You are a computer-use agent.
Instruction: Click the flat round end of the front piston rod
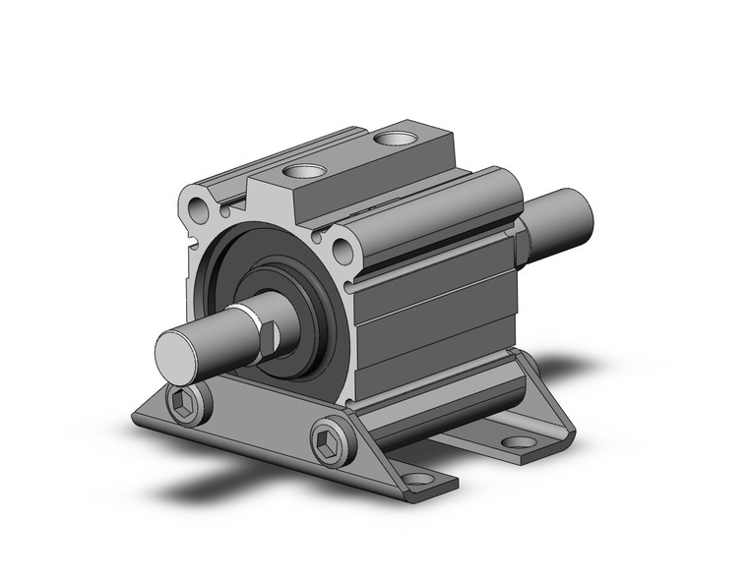click(x=179, y=351)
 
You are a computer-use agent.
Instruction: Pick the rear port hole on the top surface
click(x=397, y=139)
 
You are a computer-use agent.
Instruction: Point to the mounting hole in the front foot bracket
click(x=419, y=479)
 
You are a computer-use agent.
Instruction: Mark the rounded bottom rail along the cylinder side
click(x=443, y=398)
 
